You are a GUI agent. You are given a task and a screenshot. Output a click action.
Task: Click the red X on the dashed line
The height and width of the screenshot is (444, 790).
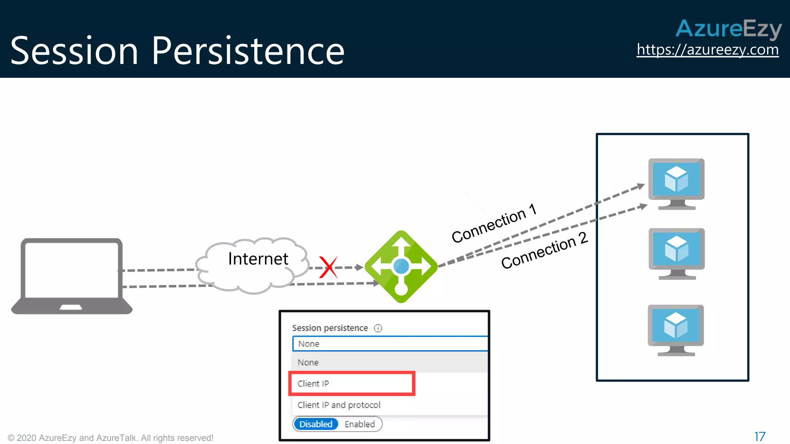pos(328,267)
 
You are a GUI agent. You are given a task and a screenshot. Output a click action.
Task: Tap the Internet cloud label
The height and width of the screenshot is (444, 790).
pos(258,259)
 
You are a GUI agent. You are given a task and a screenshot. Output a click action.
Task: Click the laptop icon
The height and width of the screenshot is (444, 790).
pos(72,276)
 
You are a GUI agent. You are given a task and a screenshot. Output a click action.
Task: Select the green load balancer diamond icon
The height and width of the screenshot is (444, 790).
pos(401,266)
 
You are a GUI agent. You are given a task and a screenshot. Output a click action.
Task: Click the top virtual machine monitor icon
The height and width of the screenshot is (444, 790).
pos(676,183)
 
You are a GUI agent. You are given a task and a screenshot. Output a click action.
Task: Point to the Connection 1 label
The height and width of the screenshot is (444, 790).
pos(494,223)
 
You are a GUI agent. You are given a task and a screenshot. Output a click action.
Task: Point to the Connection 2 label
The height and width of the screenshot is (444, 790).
pos(544,251)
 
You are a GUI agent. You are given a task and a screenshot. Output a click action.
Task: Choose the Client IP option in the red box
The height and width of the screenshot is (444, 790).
pos(313,383)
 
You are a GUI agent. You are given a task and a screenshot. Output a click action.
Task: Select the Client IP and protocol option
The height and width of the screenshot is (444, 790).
pos(339,405)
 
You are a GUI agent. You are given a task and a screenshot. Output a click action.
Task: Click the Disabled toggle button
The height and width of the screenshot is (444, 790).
pos(316,424)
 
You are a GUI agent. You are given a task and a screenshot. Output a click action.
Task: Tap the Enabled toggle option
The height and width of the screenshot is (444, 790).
pos(360,424)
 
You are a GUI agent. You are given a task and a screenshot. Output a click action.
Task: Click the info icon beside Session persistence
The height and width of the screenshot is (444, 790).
pos(378,328)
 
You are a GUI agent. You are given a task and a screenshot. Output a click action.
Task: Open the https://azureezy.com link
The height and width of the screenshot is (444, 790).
pos(707,50)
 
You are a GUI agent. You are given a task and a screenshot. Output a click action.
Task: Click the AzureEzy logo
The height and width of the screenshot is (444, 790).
pos(728,29)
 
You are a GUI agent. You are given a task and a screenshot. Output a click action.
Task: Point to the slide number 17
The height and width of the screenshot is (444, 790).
pos(760,437)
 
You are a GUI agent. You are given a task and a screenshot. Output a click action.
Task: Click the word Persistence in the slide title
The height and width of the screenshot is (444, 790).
pos(248,51)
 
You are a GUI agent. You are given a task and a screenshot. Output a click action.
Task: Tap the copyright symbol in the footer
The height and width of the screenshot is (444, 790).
pos(11,438)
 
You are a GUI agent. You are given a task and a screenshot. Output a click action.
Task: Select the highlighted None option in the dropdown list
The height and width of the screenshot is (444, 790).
pos(308,362)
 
